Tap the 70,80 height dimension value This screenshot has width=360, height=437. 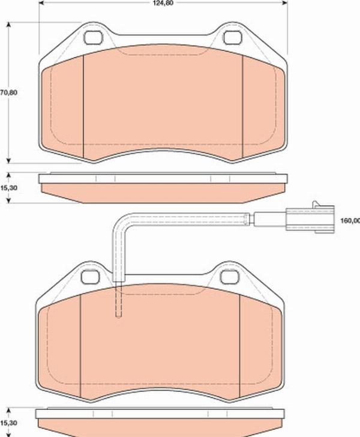point(8,92)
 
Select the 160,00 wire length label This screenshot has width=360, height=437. point(350,221)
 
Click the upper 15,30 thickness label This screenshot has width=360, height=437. point(8,188)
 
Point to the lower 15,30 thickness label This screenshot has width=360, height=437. point(8,423)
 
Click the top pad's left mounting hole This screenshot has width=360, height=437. point(93,38)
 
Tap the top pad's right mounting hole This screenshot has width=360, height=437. point(233,38)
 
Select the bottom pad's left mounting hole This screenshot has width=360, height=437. point(90,277)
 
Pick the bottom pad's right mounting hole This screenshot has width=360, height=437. point(230,277)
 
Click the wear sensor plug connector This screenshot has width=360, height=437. point(309,217)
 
